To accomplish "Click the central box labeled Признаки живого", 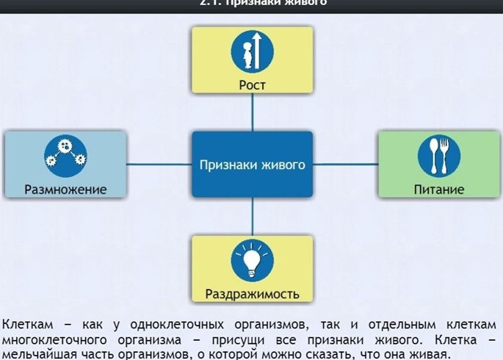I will (252, 165).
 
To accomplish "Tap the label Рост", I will (252, 85).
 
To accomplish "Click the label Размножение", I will (65, 190).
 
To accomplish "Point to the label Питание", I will (439, 190).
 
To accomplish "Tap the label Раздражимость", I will (252, 295).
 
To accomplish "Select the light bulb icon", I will (252, 259).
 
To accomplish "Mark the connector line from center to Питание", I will (344, 164).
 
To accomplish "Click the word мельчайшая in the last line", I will (37, 355).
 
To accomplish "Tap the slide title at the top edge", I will (252, 3).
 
